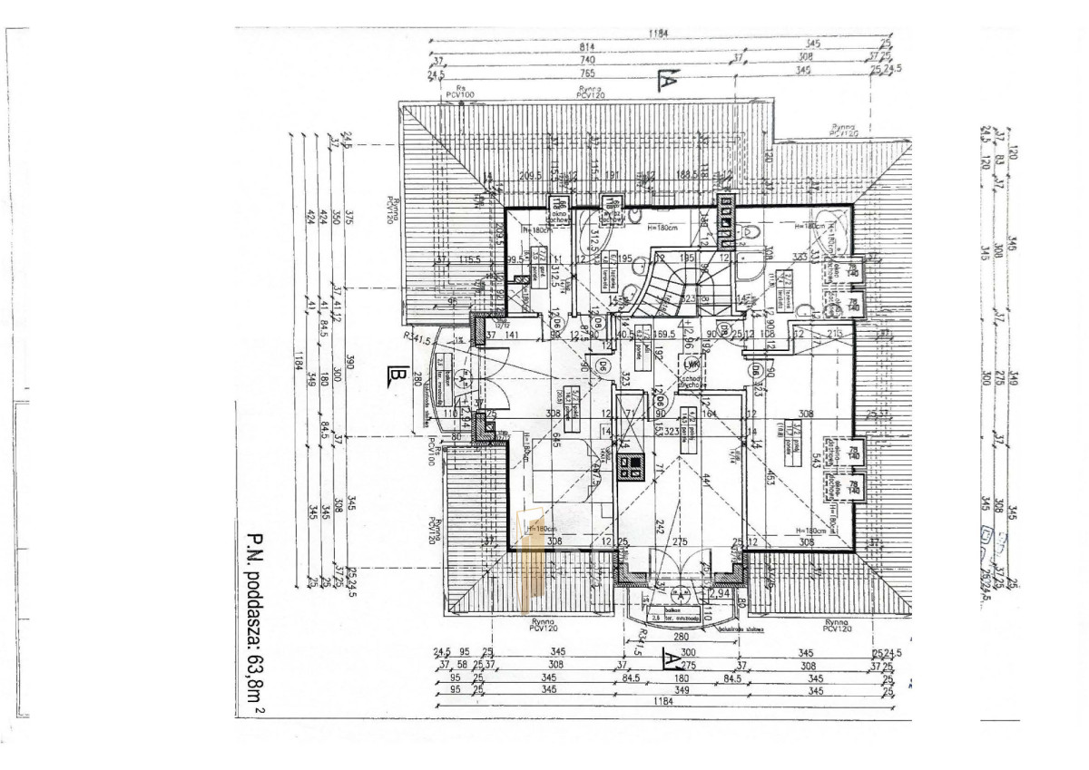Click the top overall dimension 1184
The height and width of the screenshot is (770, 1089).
[659, 33]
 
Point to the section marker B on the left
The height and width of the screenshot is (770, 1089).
[395, 374]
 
